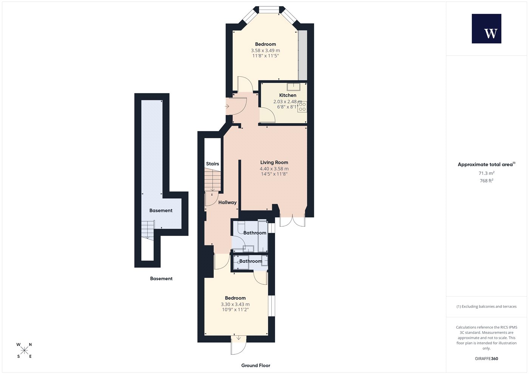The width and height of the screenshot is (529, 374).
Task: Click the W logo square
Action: pyautogui.click(x=487, y=29)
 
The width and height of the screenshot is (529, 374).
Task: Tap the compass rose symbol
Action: pyautogui.click(x=24, y=351)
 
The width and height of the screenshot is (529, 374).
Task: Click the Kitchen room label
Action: pyautogui.click(x=288, y=95)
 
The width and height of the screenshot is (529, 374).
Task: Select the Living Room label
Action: pyautogui.click(x=274, y=162)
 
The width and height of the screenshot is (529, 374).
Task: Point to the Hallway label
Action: pyautogui.click(x=227, y=202)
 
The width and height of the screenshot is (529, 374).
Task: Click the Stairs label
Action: pyautogui.click(x=212, y=164)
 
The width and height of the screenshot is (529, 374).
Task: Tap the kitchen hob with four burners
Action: pyautogui.click(x=302, y=107)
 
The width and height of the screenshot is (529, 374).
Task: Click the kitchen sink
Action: pyautogui.click(x=294, y=87)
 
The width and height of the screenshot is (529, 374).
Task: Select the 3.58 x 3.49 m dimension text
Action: pyautogui.click(x=265, y=51)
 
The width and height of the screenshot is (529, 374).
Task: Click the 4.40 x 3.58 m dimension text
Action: pyautogui.click(x=274, y=169)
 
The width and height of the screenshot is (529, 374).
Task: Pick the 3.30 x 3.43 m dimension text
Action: pyautogui.click(x=235, y=304)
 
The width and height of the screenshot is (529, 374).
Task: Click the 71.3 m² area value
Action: pyautogui.click(x=487, y=173)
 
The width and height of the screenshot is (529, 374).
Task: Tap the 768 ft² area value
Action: pyautogui.click(x=487, y=181)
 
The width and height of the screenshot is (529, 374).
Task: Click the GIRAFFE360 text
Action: pyautogui.click(x=487, y=359)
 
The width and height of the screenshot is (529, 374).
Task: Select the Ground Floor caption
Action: pyautogui.click(x=256, y=366)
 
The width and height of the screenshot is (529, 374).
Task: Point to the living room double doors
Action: pyautogui.click(x=292, y=221)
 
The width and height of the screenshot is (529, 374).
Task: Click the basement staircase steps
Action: pyautogui.click(x=148, y=230)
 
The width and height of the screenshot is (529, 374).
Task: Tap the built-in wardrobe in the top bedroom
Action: pyautogui.click(x=303, y=55)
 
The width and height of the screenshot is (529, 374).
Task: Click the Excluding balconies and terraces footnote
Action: pyautogui.click(x=487, y=306)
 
